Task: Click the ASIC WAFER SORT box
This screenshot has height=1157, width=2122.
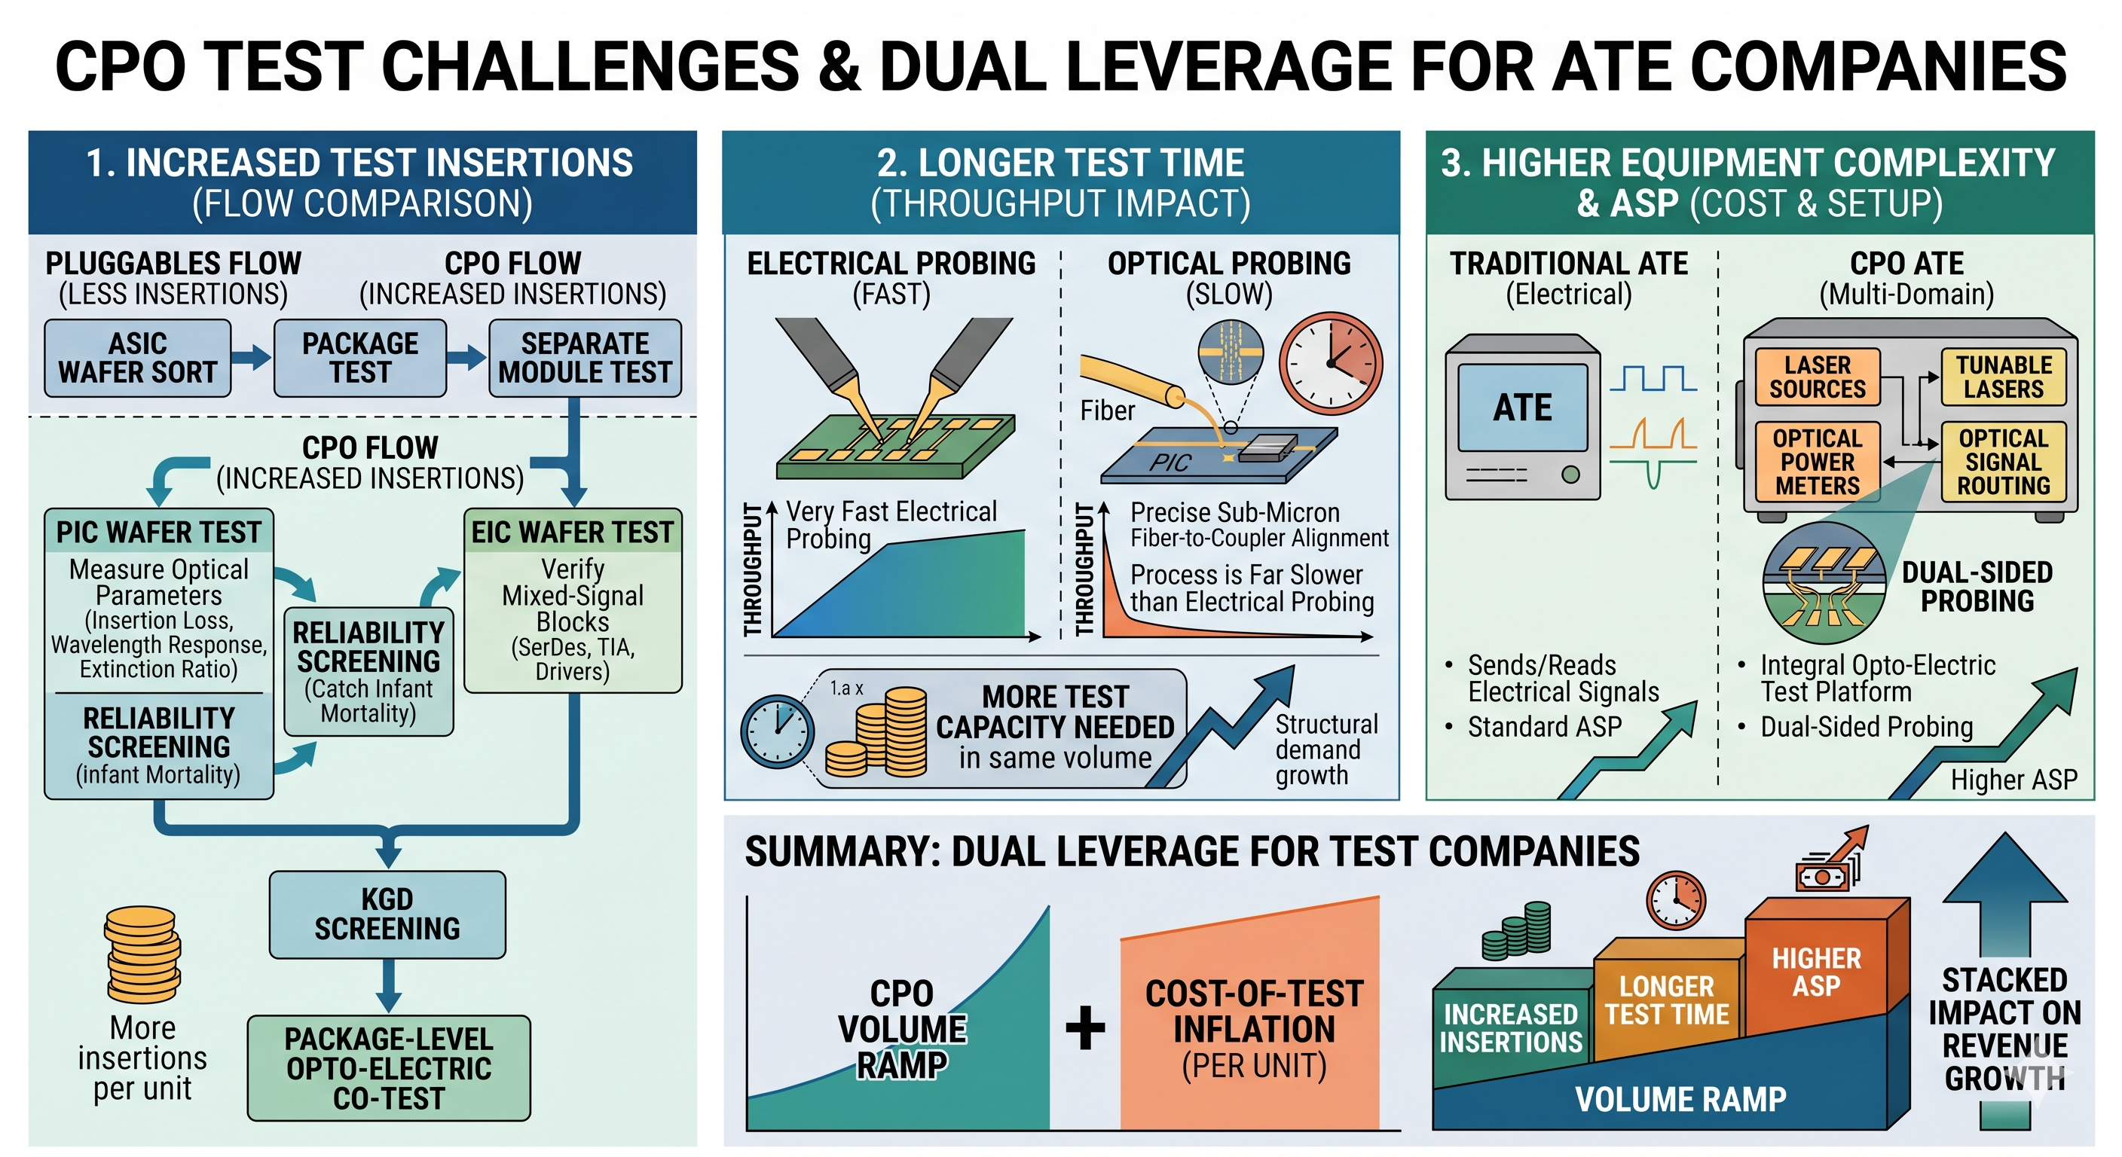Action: point(138,359)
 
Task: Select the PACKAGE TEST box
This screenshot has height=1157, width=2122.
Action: point(360,359)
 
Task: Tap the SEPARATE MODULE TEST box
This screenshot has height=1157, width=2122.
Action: point(585,359)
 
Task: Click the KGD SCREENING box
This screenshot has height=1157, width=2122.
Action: point(387,914)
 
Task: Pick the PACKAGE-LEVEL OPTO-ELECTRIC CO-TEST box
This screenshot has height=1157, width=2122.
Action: point(389,1068)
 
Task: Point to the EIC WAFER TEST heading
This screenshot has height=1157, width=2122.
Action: point(573,532)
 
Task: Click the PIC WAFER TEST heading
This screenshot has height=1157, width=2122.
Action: point(158,532)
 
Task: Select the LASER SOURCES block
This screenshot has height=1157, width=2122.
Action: point(1818,377)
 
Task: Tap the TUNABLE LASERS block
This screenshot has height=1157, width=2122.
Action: point(2004,377)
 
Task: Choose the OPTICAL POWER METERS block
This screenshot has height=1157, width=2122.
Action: point(1818,462)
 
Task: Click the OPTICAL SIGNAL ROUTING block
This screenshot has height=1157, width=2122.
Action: point(2004,462)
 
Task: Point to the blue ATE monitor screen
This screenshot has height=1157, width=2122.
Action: point(1522,407)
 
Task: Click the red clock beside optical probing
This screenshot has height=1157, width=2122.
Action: point(1330,363)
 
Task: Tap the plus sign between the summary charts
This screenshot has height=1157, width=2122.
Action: point(1085,1027)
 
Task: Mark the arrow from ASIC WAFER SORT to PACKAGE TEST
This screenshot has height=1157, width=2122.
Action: point(251,357)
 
